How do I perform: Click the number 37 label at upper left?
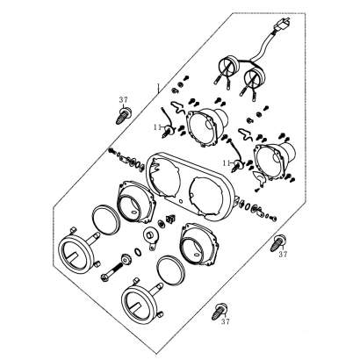[x=123, y=100]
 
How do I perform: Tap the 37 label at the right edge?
[x=283, y=255]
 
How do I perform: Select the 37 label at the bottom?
[x=226, y=321]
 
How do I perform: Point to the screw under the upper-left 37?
[x=123, y=116]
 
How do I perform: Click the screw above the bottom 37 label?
[x=219, y=312]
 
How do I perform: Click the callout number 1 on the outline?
[x=158, y=88]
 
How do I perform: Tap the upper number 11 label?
[x=158, y=127]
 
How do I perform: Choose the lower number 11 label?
[x=227, y=163]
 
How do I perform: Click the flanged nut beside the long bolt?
[x=126, y=258]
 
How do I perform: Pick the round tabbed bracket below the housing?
[x=151, y=238]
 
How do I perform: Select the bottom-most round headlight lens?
[x=142, y=302]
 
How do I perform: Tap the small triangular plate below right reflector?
[x=259, y=177]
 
